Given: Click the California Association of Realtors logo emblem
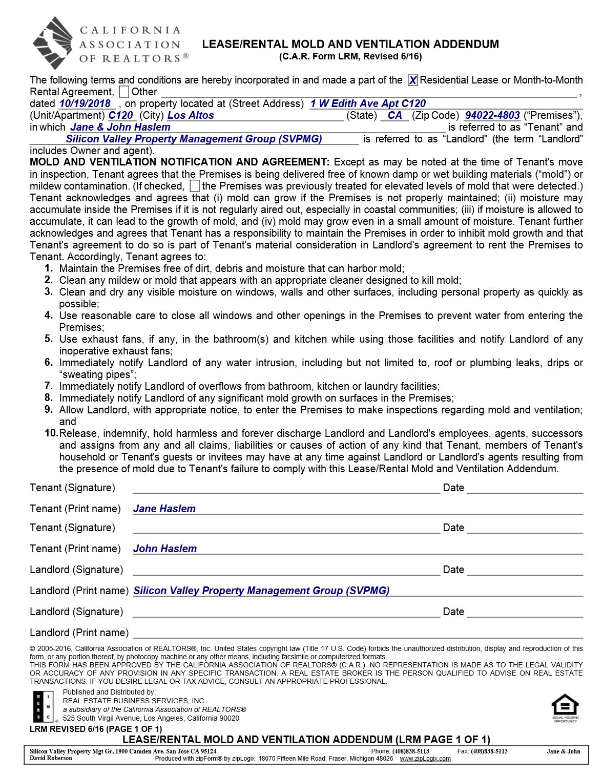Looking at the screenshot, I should (53, 44).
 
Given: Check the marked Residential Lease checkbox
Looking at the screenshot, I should (412, 80).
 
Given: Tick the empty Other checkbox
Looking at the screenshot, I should (124, 92).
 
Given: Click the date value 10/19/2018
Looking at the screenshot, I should (85, 103).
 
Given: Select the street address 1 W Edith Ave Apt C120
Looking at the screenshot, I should (368, 103).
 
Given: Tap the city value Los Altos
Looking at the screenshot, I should (191, 115).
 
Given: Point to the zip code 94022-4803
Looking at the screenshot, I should (492, 115).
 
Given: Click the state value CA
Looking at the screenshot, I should (394, 115).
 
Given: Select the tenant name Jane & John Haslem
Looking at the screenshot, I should (120, 127).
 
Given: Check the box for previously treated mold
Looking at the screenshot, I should (195, 186).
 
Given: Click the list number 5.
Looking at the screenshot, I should (49, 339).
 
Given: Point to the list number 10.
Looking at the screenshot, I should (51, 433).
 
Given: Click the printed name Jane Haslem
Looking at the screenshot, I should (164, 509).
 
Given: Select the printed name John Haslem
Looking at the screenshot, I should (165, 549).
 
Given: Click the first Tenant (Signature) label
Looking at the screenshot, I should (72, 488).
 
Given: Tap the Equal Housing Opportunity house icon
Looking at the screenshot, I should (565, 707).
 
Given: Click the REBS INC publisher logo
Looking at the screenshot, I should (44, 706).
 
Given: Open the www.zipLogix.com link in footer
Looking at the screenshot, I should (425, 759).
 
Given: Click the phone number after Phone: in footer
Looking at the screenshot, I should (411, 751).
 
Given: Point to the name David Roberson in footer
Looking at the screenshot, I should (51, 758).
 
